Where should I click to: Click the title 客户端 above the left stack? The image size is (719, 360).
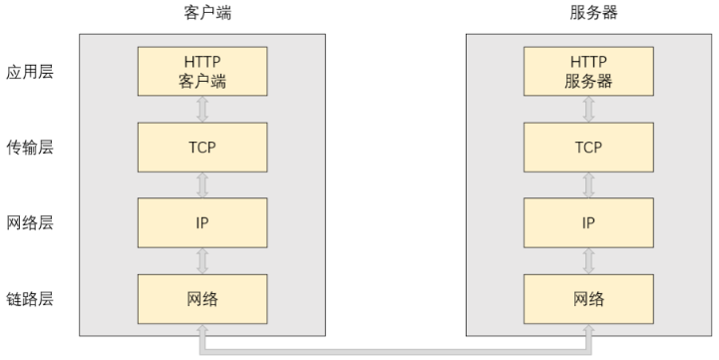coord(202,14)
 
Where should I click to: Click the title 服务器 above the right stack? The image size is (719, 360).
coord(587,14)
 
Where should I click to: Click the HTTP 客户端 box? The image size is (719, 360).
coord(202,73)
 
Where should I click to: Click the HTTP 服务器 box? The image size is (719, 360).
coord(587,73)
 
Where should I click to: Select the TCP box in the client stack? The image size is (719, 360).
coord(202,147)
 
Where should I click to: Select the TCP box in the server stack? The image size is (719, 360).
coord(587,147)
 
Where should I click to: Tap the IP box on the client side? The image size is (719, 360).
coord(202,221)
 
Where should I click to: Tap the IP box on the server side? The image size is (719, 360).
coord(587,221)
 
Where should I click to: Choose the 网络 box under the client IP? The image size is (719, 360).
coord(202,298)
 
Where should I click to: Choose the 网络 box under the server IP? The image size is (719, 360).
coord(587,298)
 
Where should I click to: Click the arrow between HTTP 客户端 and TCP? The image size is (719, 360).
coord(202,110)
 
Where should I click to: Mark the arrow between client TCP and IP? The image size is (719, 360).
coord(202,184)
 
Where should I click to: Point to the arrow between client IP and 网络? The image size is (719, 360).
coord(202,260)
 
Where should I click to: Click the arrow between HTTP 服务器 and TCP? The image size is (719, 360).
coord(587,110)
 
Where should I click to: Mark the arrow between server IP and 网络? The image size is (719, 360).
coord(587,260)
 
